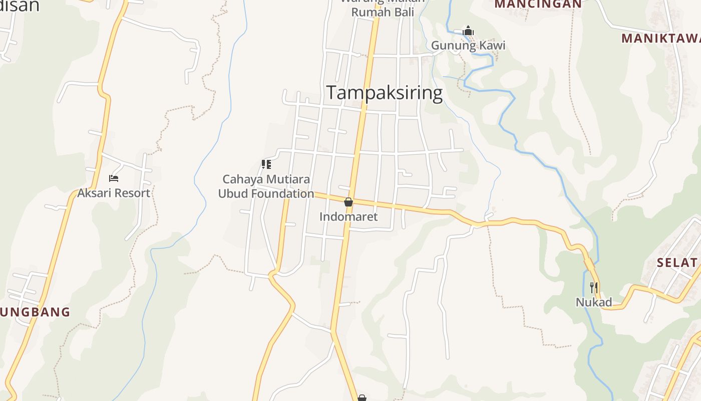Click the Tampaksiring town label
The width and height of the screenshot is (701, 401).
pos(385,93)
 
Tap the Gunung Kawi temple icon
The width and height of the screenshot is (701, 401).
pos(468,31)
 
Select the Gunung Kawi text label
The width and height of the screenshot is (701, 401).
pos(468,46)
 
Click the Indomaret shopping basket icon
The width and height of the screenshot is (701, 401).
pos(348,202)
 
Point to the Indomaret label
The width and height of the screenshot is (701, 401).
pos(348,217)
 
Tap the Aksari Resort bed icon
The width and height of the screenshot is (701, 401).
pos(114,178)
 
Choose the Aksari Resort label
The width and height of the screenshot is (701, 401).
pos(114,193)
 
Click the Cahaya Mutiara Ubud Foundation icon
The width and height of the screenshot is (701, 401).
pos(266,164)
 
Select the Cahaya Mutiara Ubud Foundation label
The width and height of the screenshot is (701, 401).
pos(266,186)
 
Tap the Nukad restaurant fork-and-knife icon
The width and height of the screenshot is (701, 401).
pos(594,287)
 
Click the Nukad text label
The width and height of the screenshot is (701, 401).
pos(594,302)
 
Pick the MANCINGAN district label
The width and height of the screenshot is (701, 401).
pos(538,5)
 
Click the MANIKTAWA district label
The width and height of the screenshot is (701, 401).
pos(661,38)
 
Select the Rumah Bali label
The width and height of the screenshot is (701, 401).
pos(383,12)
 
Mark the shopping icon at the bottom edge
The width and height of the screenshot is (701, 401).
pos(362,398)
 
